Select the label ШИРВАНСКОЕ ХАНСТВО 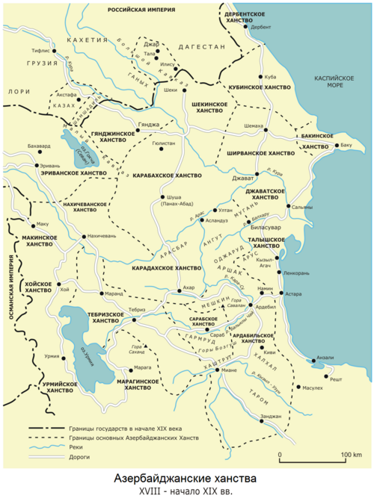[261, 153]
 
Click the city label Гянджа [149, 123]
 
